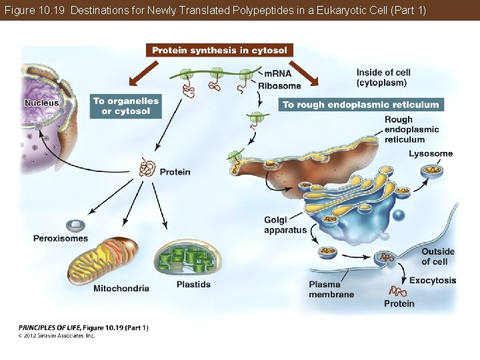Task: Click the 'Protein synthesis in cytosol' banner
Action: pyautogui.click(x=219, y=51)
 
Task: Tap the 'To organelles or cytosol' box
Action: pyautogui.click(x=126, y=106)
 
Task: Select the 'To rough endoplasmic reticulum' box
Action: pyautogui.click(x=361, y=105)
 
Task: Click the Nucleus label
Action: pyautogui.click(x=41, y=103)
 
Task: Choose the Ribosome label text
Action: pyautogui.click(x=279, y=85)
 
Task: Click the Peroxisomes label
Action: pyautogui.click(x=61, y=239)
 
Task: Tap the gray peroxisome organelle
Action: pyautogui.click(x=75, y=225)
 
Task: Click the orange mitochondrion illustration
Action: pyautogui.click(x=103, y=261)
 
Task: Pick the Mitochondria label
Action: pyautogui.click(x=121, y=289)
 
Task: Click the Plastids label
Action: pyautogui.click(x=193, y=285)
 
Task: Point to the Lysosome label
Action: pyautogui.click(x=431, y=154)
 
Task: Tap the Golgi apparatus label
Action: pyautogui.click(x=285, y=225)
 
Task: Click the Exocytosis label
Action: pyautogui.click(x=433, y=281)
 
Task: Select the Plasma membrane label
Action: pyautogui.click(x=331, y=289)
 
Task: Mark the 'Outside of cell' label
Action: pyautogui.click(x=438, y=257)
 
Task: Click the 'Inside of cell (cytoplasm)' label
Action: pyautogui.click(x=383, y=77)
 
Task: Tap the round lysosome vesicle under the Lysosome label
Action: pyautogui.click(x=432, y=171)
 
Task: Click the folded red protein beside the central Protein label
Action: pyautogui.click(x=147, y=168)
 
